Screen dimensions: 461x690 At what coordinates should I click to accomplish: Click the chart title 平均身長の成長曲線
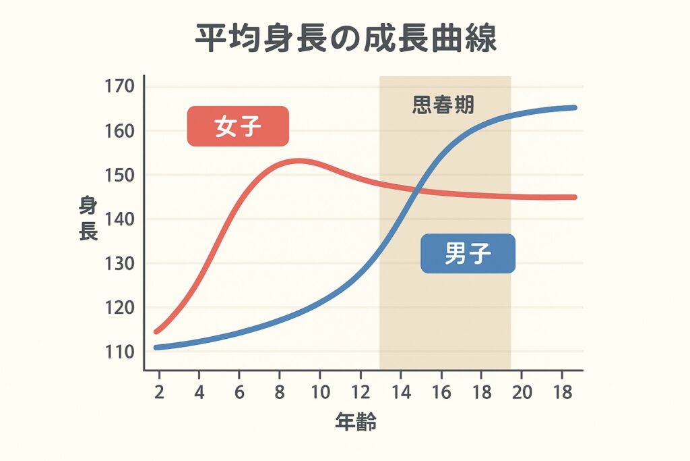[346, 40]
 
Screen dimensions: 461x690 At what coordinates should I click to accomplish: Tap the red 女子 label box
[238, 126]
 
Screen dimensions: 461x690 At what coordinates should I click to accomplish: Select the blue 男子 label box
[468, 254]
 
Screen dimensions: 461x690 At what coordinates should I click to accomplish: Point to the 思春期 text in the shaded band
[443, 105]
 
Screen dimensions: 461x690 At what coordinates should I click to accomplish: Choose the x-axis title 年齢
[356, 423]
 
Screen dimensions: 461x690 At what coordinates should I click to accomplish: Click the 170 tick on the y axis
[120, 86]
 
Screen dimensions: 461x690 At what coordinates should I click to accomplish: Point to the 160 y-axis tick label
[120, 131]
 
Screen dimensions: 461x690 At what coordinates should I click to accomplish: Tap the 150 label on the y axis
[120, 175]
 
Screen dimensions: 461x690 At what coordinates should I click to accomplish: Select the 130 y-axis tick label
[120, 263]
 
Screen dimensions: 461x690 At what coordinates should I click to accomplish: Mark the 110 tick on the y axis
[120, 352]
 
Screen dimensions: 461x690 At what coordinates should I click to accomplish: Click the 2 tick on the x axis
[159, 392]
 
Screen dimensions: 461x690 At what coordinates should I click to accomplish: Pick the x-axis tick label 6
[239, 392]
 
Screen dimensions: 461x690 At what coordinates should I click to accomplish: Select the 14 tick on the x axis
[400, 392]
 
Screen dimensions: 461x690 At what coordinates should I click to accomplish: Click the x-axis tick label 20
[522, 392]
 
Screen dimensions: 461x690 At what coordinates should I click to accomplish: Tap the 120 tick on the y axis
[120, 308]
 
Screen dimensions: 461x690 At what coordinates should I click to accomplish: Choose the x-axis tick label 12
[360, 392]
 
